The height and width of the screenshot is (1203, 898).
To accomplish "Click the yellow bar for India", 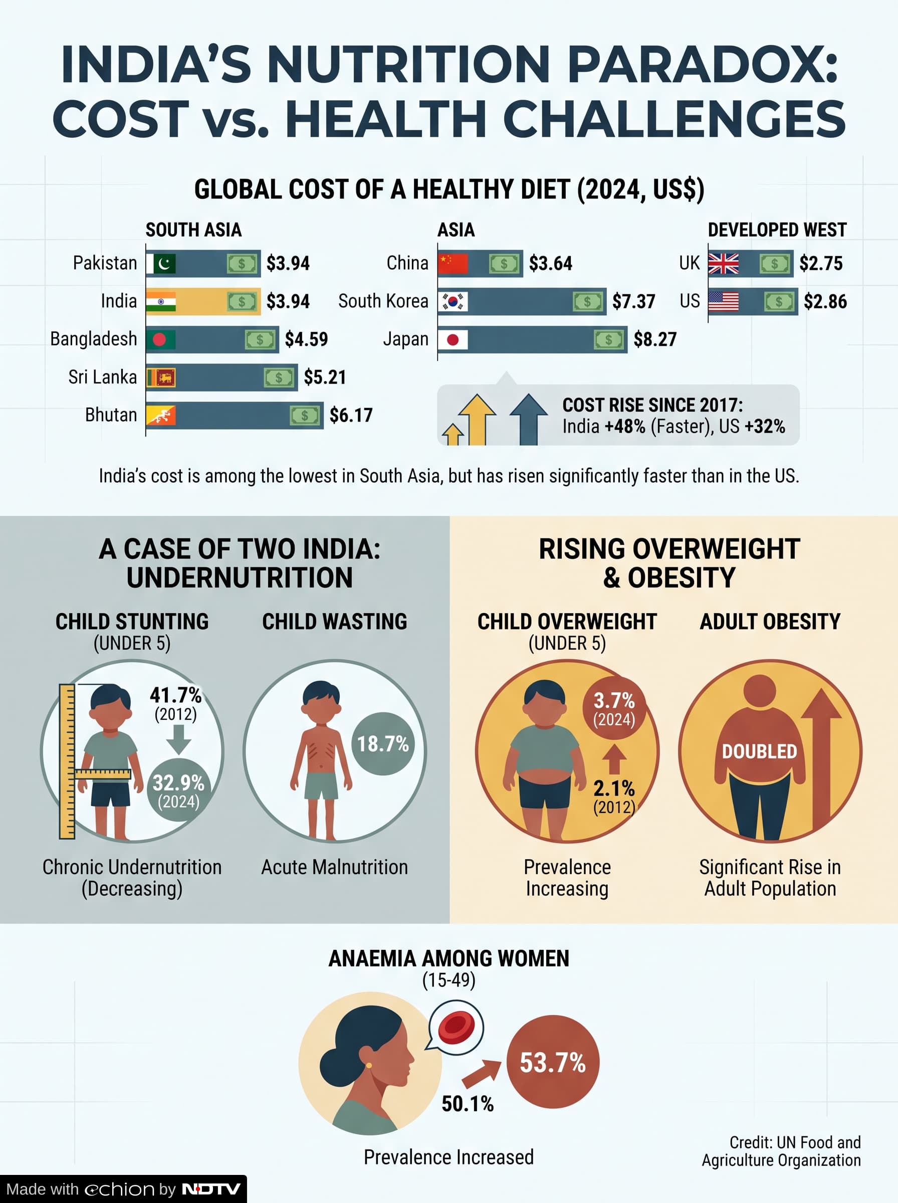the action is (203, 301).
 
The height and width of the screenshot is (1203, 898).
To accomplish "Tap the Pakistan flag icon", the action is (161, 264).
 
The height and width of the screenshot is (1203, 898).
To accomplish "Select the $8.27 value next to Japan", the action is (655, 339).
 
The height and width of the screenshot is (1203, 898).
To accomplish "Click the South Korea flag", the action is (453, 301).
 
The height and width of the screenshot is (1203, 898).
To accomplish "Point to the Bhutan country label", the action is (111, 415).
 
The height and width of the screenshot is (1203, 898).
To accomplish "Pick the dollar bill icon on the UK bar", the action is (775, 264).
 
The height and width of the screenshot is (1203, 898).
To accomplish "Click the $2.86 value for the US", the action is (825, 301).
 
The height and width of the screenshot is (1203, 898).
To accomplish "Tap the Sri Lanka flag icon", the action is (161, 377).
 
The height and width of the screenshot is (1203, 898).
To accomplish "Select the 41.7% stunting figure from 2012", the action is (175, 695).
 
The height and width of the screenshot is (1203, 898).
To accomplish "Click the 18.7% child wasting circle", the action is (383, 744).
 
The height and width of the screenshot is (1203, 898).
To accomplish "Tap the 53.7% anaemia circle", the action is (553, 1062).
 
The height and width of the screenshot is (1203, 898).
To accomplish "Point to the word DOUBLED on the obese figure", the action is (759, 751).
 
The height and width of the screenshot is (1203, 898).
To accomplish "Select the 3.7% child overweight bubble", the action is (614, 708).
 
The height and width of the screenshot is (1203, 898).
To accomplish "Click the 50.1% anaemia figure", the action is (468, 1104).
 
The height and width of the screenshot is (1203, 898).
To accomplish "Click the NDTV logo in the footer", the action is (211, 1189).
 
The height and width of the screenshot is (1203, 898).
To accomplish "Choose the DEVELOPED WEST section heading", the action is (777, 230).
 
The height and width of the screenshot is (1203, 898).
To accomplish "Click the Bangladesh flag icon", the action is (161, 340).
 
